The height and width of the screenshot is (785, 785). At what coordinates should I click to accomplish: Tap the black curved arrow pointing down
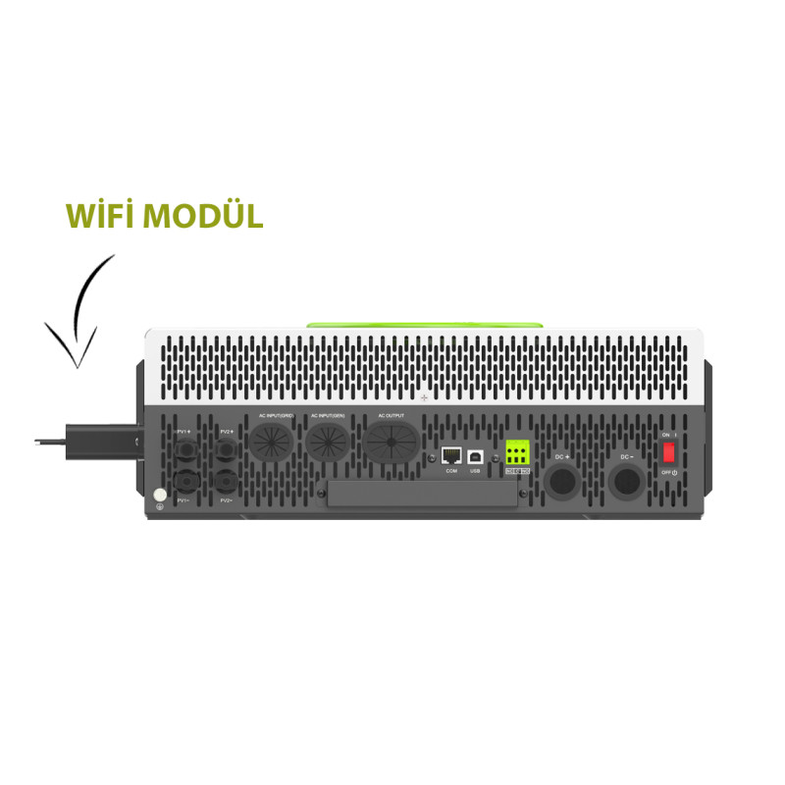[x=81, y=312]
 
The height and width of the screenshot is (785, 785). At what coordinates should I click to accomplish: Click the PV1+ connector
[x=183, y=450]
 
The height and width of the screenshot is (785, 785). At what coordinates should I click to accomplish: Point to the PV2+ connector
[x=227, y=450]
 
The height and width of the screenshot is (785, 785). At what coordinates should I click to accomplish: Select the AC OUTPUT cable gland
[x=391, y=445]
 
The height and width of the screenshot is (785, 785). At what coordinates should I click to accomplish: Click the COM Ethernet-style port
[x=451, y=456]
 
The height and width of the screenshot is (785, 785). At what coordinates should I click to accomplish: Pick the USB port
[x=476, y=456]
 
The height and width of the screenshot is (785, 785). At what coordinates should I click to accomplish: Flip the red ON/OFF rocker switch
[x=669, y=452]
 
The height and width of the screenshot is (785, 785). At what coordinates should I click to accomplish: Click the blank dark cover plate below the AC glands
[x=422, y=494]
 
